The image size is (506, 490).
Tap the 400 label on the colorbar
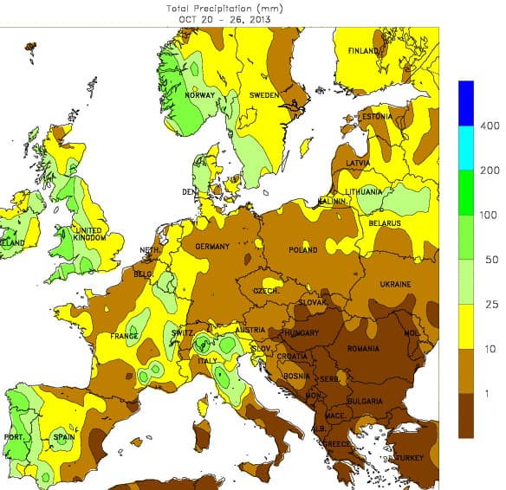pyautogui.click(x=490, y=126)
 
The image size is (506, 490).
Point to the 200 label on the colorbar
pyautogui.click(x=490, y=171)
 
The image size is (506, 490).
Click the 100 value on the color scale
pyautogui.click(x=490, y=215)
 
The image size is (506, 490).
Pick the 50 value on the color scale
pyautogui.click(x=490, y=260)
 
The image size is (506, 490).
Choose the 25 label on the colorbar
pyautogui.click(x=490, y=305)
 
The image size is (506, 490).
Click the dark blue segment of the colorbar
pyautogui.click(x=467, y=103)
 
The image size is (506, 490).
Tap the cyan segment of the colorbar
pyautogui.click(x=467, y=148)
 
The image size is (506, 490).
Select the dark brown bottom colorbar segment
pyautogui.click(x=467, y=416)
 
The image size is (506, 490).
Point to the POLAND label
pyautogui.click(x=303, y=250)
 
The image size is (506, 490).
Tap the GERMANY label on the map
pyautogui.click(x=212, y=247)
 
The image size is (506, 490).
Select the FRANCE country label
pyautogui.click(x=125, y=337)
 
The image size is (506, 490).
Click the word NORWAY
pyautogui.click(x=198, y=95)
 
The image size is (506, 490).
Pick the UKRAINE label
pyautogui.click(x=394, y=284)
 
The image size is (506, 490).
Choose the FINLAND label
pyautogui.click(x=363, y=51)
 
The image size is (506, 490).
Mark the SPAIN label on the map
pyautogui.click(x=64, y=437)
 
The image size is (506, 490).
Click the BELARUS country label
pyautogui.click(x=383, y=223)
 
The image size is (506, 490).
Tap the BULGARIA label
pyautogui.click(x=365, y=402)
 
